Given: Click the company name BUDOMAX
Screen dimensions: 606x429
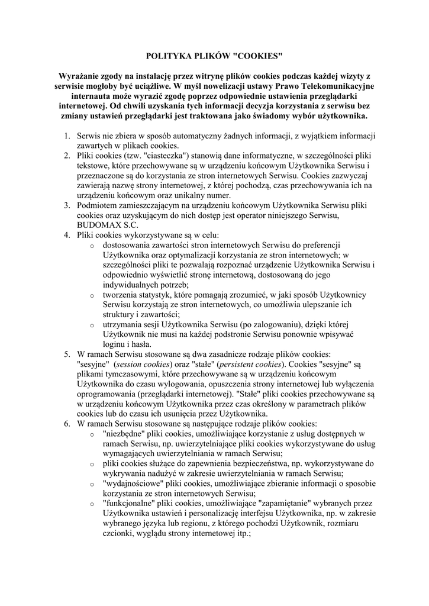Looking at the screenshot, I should [96, 225].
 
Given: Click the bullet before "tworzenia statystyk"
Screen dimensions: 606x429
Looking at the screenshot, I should [91, 295].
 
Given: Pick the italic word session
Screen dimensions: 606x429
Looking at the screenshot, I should [131, 364].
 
